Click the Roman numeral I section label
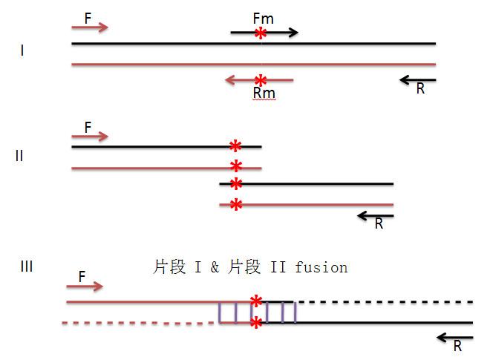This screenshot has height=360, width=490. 23,51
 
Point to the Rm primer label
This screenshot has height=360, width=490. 264,93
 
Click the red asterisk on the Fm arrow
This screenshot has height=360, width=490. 261,33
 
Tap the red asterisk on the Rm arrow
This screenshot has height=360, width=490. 260,80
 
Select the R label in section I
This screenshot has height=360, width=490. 420,89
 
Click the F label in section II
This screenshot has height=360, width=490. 88,127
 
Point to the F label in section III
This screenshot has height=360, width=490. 82,276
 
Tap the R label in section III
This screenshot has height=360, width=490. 457,346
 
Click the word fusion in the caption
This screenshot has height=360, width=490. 321,267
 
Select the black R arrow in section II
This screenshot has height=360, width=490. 375,215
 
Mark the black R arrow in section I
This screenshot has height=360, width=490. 417,79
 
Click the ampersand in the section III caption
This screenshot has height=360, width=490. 215,267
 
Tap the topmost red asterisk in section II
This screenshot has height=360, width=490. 236,146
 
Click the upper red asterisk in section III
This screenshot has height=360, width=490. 256,301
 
